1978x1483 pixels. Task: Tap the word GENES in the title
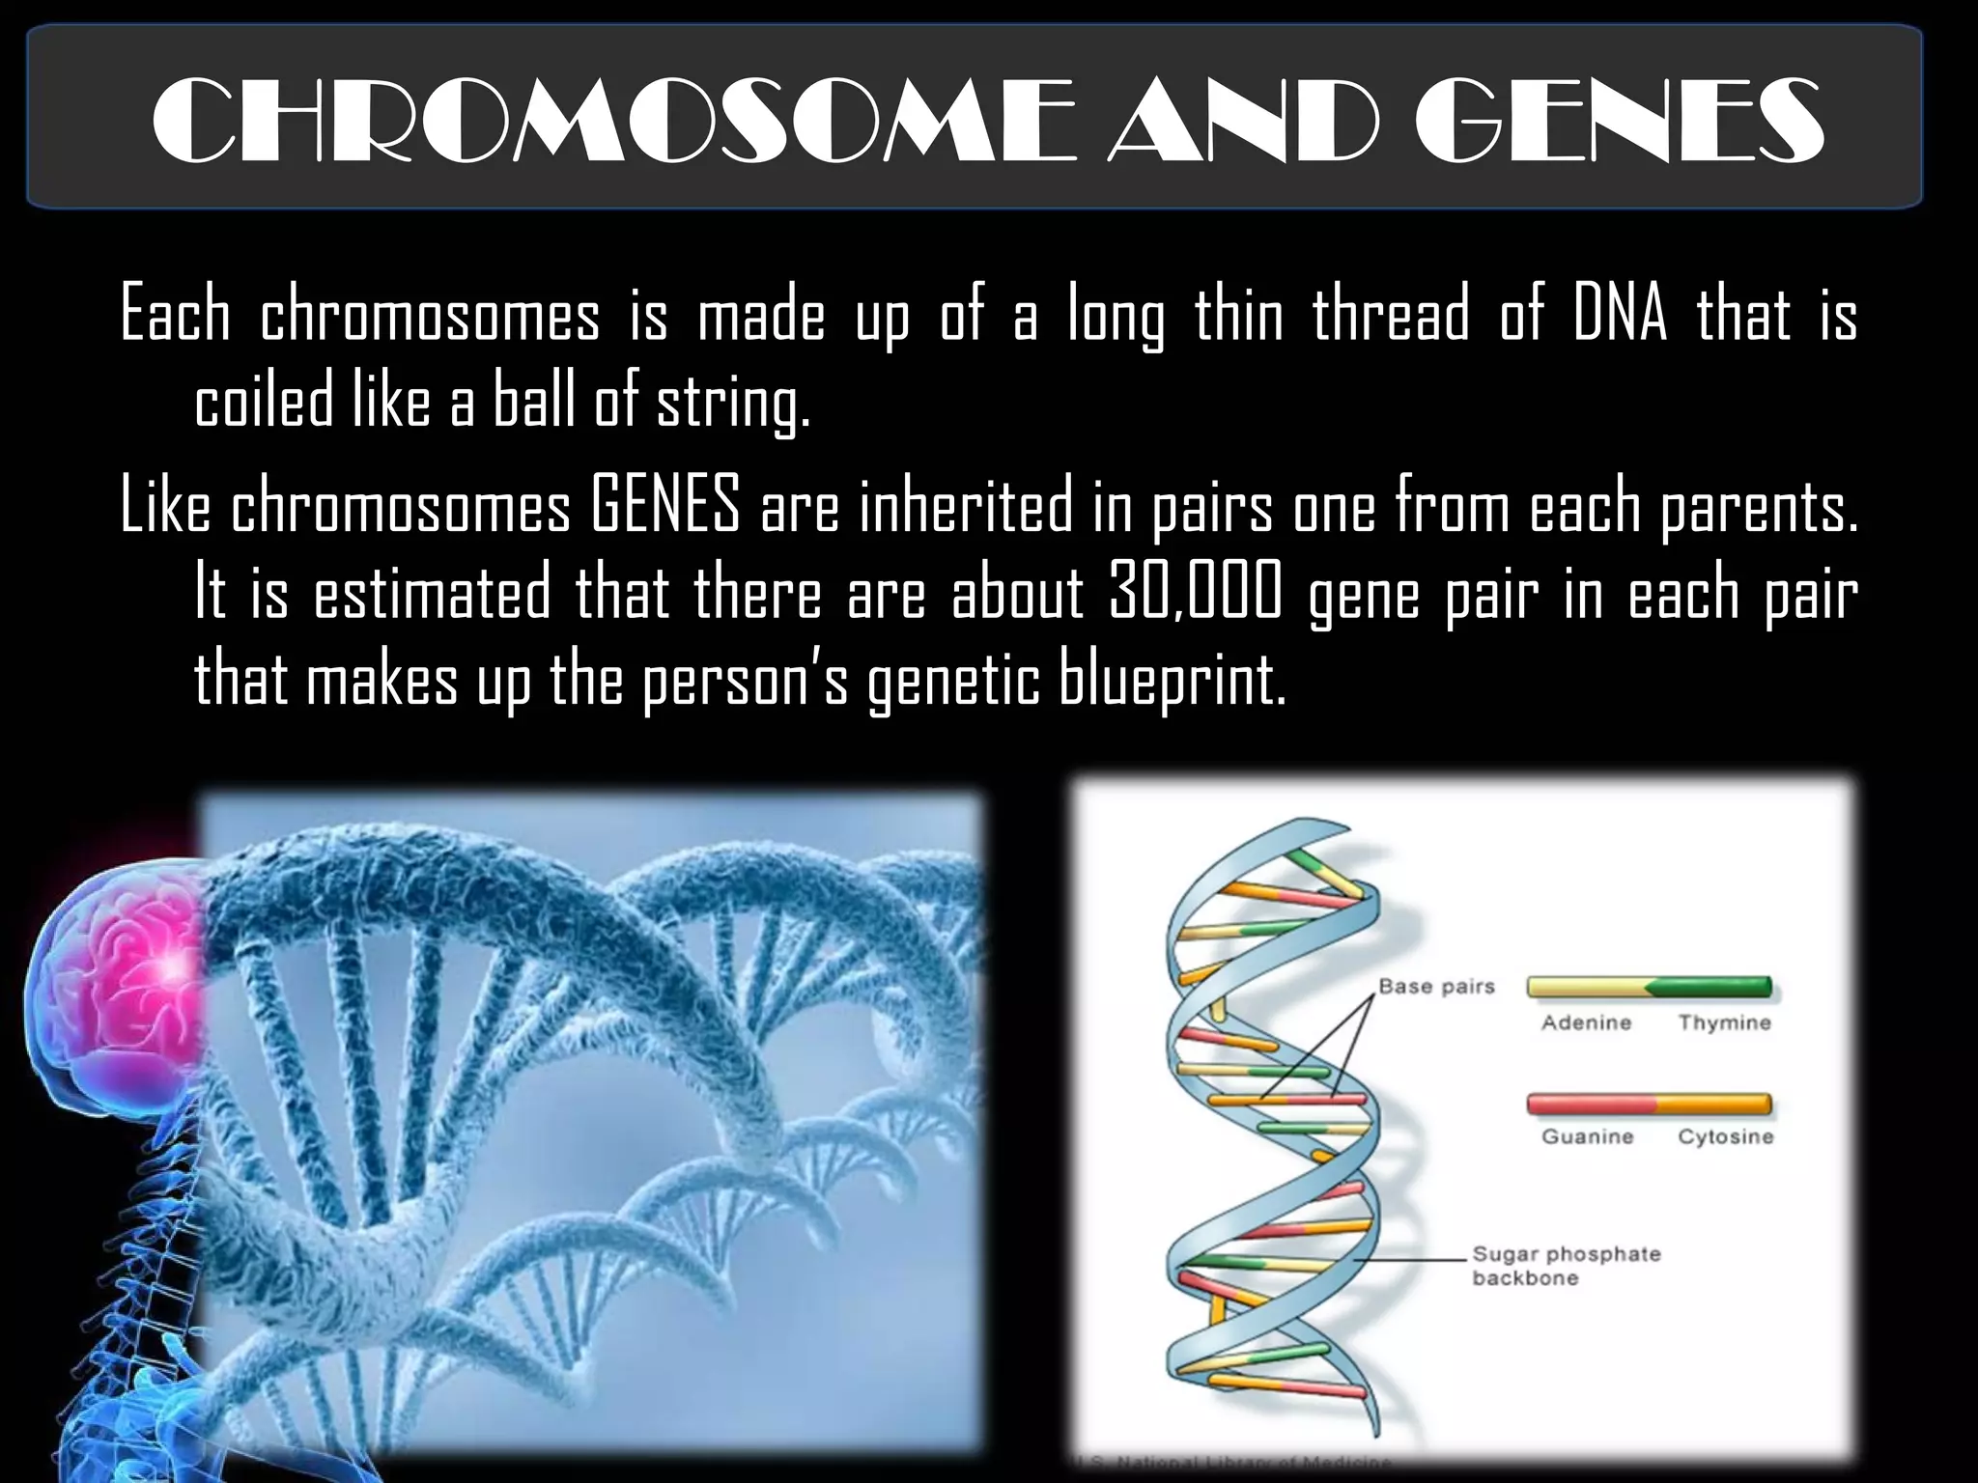pyautogui.click(x=1619, y=122)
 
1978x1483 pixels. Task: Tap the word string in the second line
pyautogui.click(x=732, y=404)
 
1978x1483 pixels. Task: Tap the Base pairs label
pyautogui.click(x=1435, y=987)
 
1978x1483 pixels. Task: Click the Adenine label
pyautogui.click(x=1586, y=1022)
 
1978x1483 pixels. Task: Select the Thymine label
pyautogui.click(x=1724, y=1022)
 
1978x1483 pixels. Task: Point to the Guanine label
pyautogui.click(x=1587, y=1136)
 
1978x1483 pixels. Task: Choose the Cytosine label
pyautogui.click(x=1725, y=1136)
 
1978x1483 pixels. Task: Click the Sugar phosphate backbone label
pyautogui.click(x=1565, y=1266)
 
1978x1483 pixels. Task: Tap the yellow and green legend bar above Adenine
pyautogui.click(x=1649, y=987)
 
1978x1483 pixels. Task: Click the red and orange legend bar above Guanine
pyautogui.click(x=1649, y=1103)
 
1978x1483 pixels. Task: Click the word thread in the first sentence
pyautogui.click(x=1390, y=315)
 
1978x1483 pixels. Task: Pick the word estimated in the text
pyautogui.click(x=432, y=593)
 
